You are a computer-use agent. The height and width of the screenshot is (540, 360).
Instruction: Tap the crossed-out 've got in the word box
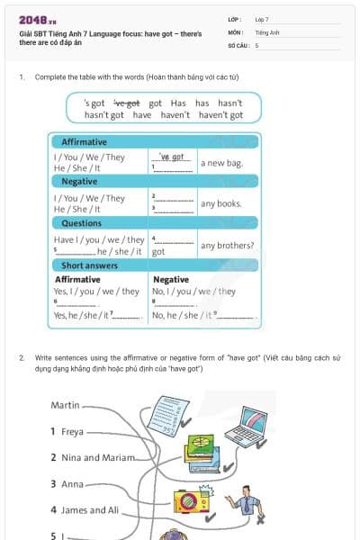pyautogui.click(x=126, y=103)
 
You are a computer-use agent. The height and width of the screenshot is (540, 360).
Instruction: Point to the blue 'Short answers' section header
pyautogui.click(x=90, y=265)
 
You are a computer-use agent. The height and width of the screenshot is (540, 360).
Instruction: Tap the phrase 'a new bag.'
pyautogui.click(x=220, y=163)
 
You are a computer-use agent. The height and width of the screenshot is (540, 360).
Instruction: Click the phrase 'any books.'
pyautogui.click(x=221, y=203)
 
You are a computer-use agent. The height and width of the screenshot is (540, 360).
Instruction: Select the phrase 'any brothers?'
pyautogui.click(x=227, y=246)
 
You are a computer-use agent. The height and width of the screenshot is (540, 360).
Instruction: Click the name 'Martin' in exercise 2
pyautogui.click(x=66, y=405)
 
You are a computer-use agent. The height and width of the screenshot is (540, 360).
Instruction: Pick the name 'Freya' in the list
pyautogui.click(x=72, y=432)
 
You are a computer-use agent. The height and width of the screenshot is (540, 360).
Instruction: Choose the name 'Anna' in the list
pyautogui.click(x=72, y=484)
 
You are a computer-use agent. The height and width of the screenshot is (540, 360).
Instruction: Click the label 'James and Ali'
pyautogui.click(x=90, y=510)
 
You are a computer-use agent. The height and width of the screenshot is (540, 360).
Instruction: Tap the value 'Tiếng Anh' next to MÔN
pyautogui.click(x=267, y=32)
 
